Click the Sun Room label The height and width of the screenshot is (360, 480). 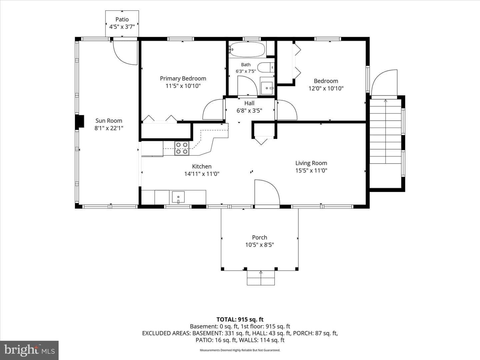point(109,121)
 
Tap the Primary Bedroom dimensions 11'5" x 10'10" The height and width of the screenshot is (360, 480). point(183,86)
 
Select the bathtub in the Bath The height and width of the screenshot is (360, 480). point(247,50)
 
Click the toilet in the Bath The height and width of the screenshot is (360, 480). point(266,67)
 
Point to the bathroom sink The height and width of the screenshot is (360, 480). point(267,88)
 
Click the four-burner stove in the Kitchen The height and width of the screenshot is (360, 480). point(182,148)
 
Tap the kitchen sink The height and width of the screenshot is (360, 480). point(178,197)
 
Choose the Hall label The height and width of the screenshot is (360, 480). point(249,103)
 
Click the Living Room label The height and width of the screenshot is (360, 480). point(311,163)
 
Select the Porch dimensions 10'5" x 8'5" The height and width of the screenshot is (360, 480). point(260,245)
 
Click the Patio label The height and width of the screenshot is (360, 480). point(122,19)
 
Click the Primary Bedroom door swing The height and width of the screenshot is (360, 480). point(213,109)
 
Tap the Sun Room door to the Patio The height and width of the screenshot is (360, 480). point(125,53)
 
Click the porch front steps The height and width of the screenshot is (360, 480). point(261,278)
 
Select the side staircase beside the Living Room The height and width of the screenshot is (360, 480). point(385,131)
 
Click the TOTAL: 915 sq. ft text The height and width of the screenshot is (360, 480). point(240,319)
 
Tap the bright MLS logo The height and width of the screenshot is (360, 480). point(29,350)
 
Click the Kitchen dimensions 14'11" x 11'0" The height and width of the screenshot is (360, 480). point(202,174)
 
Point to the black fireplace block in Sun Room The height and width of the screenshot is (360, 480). point(80,121)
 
